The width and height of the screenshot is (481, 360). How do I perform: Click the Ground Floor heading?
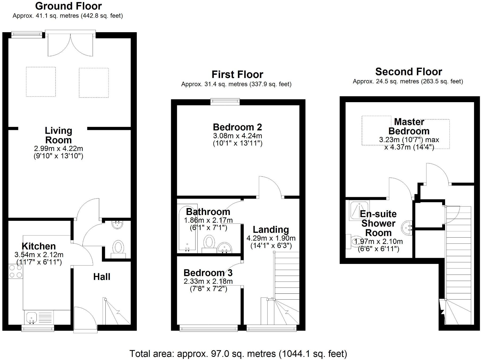pyautogui.click(x=68, y=6)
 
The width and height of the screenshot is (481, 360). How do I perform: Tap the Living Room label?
pyautogui.click(x=58, y=135)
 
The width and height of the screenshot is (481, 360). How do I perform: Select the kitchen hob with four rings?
pyautogui.click(x=15, y=271)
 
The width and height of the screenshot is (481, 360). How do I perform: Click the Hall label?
pyautogui.click(x=102, y=277)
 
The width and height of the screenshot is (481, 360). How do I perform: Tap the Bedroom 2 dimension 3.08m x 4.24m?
pyautogui.click(x=237, y=136)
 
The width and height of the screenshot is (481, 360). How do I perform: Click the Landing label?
pyautogui.click(x=271, y=229)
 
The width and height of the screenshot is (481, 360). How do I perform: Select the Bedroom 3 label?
pyautogui.click(x=208, y=273)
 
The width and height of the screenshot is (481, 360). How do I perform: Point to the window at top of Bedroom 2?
pyautogui.click(x=225, y=101)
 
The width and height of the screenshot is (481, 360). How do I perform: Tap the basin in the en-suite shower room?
pyautogui.click(x=407, y=228)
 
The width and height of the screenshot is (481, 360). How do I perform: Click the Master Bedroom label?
pyautogui.click(x=409, y=126)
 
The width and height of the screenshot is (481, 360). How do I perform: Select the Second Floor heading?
pyautogui.click(x=408, y=72)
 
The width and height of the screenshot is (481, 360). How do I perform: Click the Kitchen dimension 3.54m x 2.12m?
pyautogui.click(x=39, y=255)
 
